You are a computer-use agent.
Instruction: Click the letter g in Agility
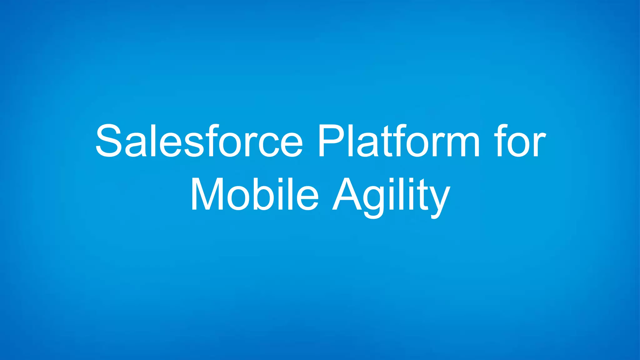click(x=374, y=200)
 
